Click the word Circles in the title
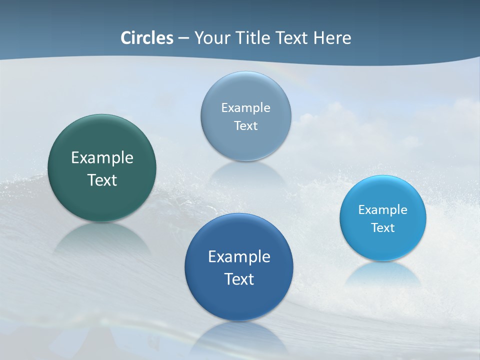click(x=147, y=38)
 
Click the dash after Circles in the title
click(x=183, y=38)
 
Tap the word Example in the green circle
click(x=102, y=158)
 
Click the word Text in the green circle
click(x=102, y=180)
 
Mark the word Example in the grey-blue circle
click(x=245, y=107)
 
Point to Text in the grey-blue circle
click(x=245, y=125)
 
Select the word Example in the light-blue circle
click(x=383, y=209)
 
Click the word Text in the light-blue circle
click(x=383, y=227)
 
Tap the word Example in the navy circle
click(x=239, y=256)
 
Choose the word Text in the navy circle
click(x=239, y=278)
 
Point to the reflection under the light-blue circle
click(x=383, y=272)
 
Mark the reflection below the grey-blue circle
click(x=245, y=172)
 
